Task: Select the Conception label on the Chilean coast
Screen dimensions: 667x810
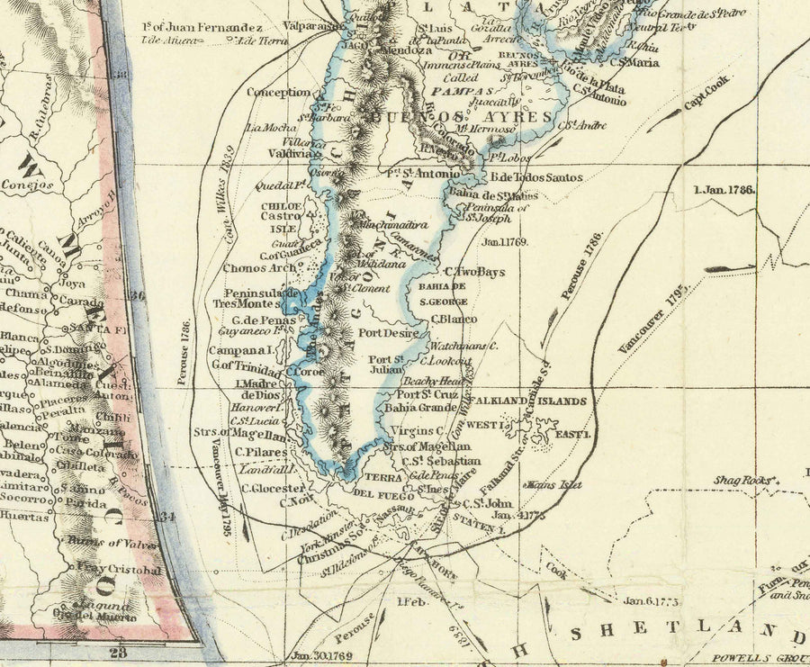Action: point(278,92)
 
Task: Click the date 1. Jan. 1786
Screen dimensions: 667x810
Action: point(724,190)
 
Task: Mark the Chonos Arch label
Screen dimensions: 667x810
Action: point(263,267)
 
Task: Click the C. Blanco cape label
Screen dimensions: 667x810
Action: point(453,317)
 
